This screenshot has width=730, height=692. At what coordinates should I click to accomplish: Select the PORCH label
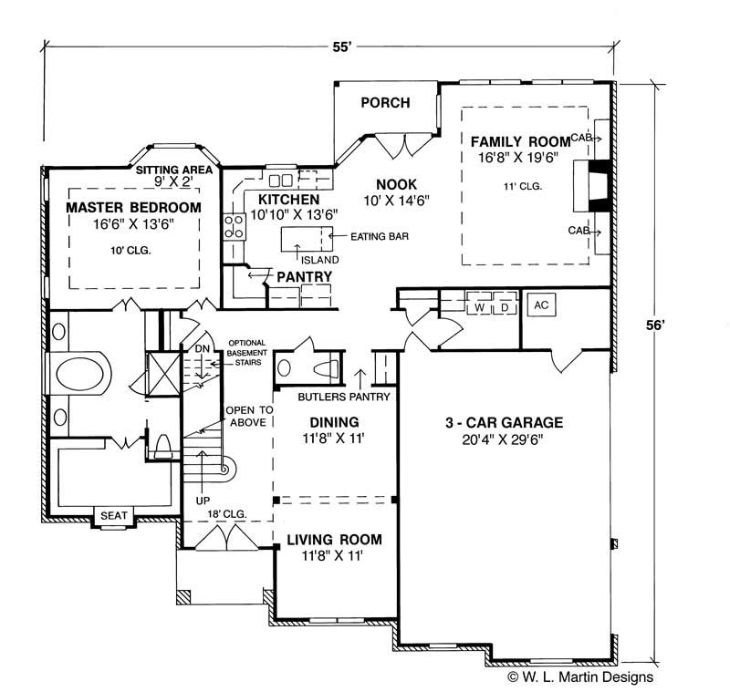(x=385, y=102)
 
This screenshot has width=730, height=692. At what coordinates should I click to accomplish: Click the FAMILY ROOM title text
(x=520, y=142)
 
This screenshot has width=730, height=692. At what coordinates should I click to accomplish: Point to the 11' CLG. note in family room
(x=521, y=186)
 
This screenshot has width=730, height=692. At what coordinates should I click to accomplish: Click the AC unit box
(x=539, y=305)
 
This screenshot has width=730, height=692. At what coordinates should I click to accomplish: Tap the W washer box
(x=479, y=306)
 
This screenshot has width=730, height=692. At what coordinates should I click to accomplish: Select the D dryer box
(x=505, y=306)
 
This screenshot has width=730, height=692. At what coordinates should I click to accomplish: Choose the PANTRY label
(x=304, y=276)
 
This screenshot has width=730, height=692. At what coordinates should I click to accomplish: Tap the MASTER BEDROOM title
(x=133, y=209)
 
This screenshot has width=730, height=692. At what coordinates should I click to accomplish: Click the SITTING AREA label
(x=173, y=170)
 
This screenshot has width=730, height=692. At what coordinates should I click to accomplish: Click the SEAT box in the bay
(x=113, y=515)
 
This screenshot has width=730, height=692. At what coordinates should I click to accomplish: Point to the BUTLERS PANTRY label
(x=345, y=397)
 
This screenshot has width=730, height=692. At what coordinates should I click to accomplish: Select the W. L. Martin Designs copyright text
(x=579, y=677)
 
